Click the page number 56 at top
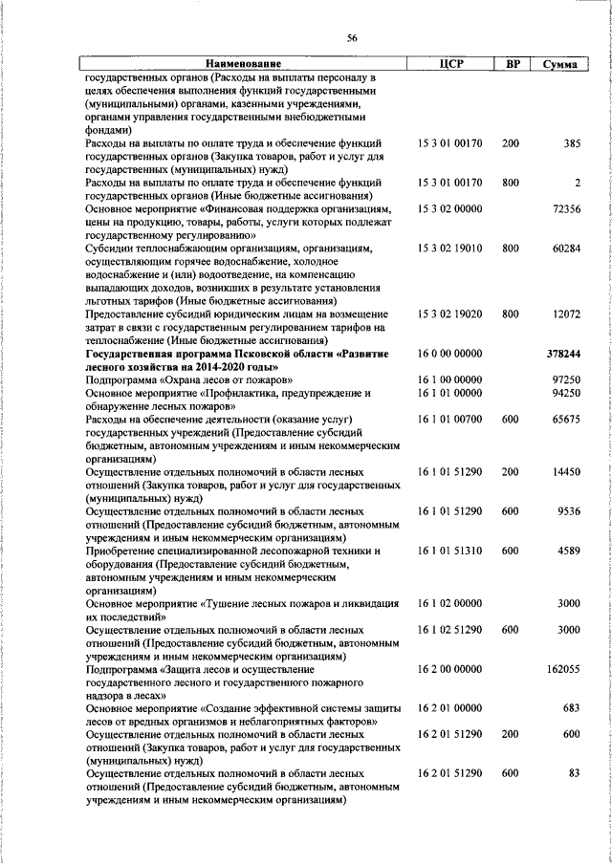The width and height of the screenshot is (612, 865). [352, 37]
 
